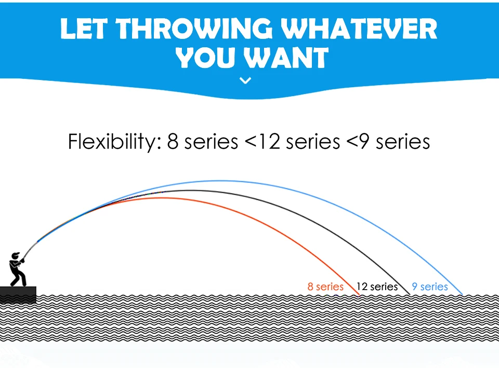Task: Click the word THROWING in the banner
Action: [x=194, y=29]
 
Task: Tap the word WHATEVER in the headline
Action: [x=359, y=29]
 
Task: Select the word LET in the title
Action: [x=84, y=29]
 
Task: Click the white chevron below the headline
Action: [x=245, y=80]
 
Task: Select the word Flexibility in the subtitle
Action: [x=114, y=141]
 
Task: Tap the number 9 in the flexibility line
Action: [x=363, y=142]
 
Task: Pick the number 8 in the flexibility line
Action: [x=173, y=142]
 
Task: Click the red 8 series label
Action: [x=325, y=287]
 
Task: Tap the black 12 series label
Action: [x=377, y=287]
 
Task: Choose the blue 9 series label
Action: [x=430, y=287]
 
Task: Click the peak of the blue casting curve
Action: [x=219, y=181]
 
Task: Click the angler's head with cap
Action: [x=15, y=256]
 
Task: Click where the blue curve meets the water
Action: [x=463, y=295]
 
